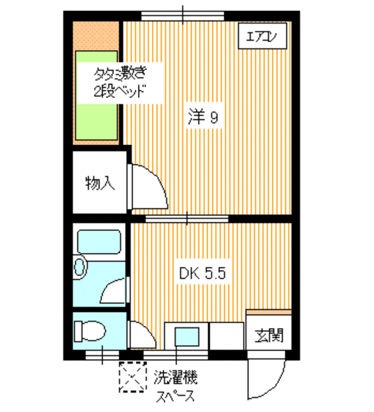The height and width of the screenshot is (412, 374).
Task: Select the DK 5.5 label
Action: [x=206, y=274]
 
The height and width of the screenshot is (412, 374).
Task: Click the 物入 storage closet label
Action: [x=99, y=182]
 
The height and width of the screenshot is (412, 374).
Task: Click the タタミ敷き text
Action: [x=118, y=74]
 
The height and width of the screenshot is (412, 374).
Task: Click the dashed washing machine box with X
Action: [x=132, y=379]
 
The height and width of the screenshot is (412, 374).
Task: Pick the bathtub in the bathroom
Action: [x=100, y=242]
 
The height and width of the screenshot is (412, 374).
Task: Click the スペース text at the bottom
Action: [x=175, y=398]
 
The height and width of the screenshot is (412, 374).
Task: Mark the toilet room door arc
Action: [x=136, y=333]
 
